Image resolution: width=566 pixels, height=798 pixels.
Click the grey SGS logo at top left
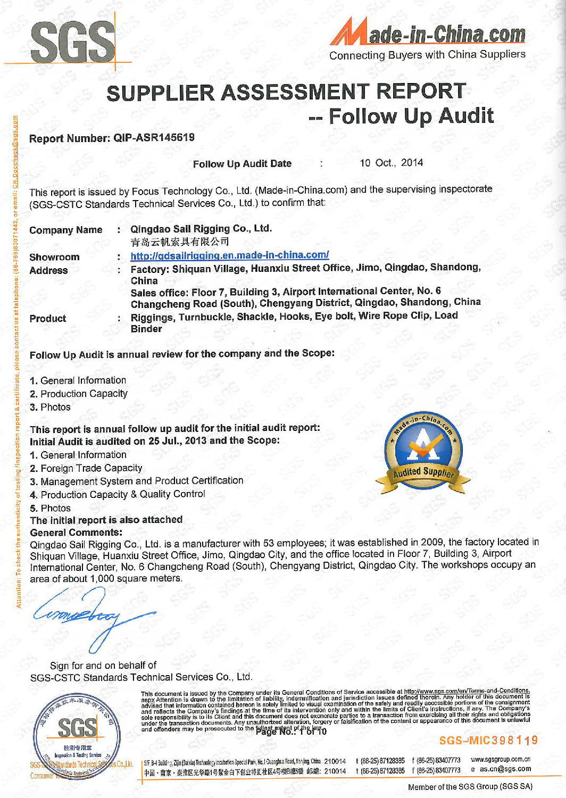click(x=72, y=41)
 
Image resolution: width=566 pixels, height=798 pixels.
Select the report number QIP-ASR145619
click(x=154, y=137)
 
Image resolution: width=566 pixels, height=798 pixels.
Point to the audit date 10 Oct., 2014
click(x=391, y=163)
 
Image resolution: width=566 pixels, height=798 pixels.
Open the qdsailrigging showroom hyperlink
click(x=229, y=255)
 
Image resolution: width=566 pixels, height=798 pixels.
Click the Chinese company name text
click(x=180, y=242)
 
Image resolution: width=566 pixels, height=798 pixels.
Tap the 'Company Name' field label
click(x=65, y=230)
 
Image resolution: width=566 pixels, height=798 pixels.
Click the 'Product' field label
click(x=48, y=319)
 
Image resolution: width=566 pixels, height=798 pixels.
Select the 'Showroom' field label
click(x=54, y=257)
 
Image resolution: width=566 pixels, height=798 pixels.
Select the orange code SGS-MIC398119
click(x=488, y=741)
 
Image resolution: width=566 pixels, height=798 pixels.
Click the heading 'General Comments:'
click(x=76, y=533)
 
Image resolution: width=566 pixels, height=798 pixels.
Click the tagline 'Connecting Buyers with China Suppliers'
click(x=427, y=55)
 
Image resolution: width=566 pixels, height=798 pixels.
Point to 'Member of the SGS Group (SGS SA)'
click(x=470, y=787)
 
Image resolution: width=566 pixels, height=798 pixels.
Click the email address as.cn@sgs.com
click(x=505, y=769)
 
